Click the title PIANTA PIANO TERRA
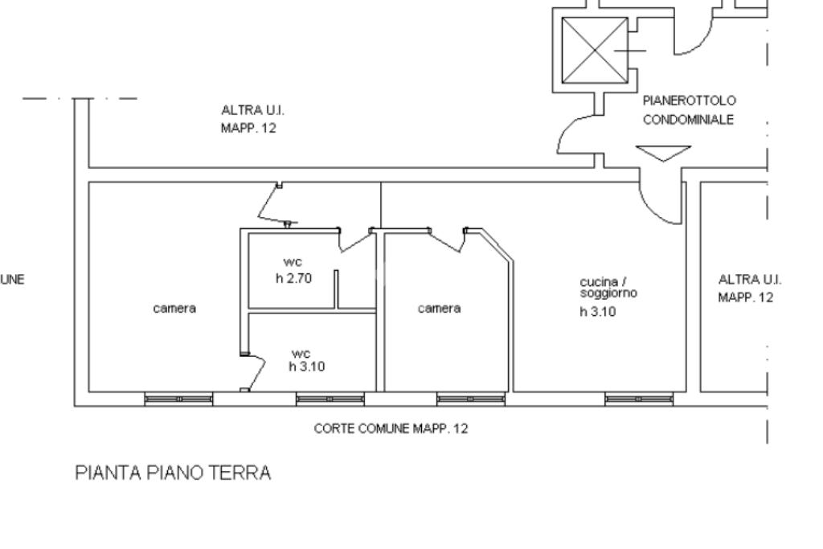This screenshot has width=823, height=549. coord(173,473)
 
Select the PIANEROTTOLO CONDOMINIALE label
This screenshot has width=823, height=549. coord(690,109)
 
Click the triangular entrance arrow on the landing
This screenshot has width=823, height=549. coord(663,152)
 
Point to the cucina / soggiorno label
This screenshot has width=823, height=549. coord(608,288)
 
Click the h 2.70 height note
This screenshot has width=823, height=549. coord(293,279)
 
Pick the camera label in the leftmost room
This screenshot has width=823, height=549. coord(174,308)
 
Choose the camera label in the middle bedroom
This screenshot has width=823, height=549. coord(440,308)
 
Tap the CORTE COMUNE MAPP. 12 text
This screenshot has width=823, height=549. coord(391,428)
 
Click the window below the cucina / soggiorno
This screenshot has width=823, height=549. coord(639,399)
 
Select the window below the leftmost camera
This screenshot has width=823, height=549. coord(178,399)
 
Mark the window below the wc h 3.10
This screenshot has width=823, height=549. coord(330,399)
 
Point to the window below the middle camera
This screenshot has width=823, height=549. coord(471,399)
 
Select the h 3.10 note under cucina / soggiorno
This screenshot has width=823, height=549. coord(597,312)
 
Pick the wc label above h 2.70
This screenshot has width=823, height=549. coord(293,262)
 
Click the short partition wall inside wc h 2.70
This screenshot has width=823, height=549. coord(337,289)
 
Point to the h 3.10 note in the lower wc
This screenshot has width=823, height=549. coord(307,367)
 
